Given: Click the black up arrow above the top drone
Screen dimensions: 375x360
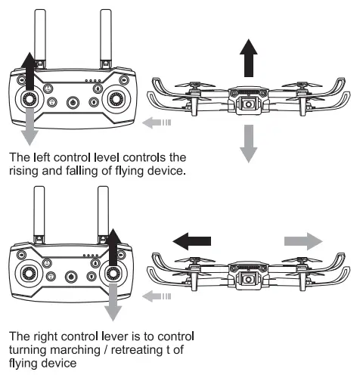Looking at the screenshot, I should click(x=247, y=59).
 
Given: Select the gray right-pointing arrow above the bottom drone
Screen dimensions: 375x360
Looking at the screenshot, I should click(x=302, y=241).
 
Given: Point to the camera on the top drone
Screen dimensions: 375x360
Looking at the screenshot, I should click(x=247, y=104).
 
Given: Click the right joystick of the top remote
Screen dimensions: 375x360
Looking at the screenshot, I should click(x=116, y=98).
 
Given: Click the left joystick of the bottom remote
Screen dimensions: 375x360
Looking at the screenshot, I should click(x=29, y=274).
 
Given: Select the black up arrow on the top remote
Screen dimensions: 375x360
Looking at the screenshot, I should click(x=28, y=72).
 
